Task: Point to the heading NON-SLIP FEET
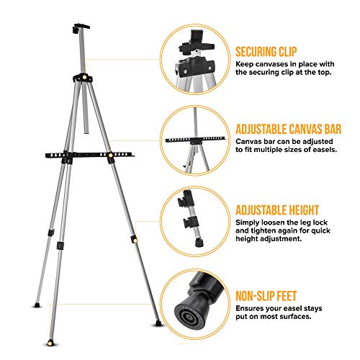click(270, 296)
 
